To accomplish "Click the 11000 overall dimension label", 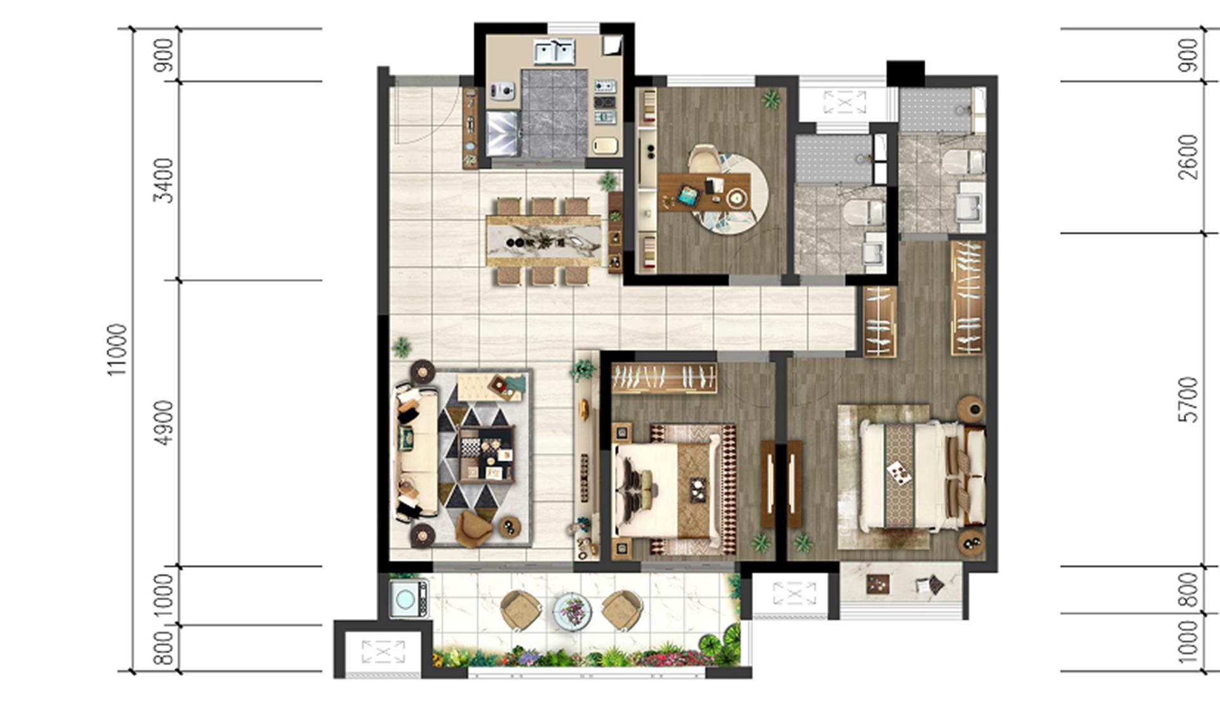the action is tap(117, 350).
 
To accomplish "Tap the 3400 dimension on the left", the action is tap(164, 181).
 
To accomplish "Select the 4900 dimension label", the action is tap(164, 423).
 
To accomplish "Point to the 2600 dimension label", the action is tap(1187, 157).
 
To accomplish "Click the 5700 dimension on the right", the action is tap(1187, 400).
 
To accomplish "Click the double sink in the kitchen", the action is tap(554, 51).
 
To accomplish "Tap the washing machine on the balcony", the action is tap(408, 598).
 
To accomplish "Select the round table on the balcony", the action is tap(572, 611).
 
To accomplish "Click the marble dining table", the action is tap(543, 241).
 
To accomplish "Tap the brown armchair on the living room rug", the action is tap(474, 528).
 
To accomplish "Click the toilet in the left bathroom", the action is tap(864, 212).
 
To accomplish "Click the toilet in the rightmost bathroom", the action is tap(964, 162).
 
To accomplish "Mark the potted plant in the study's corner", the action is tap(771, 99).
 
